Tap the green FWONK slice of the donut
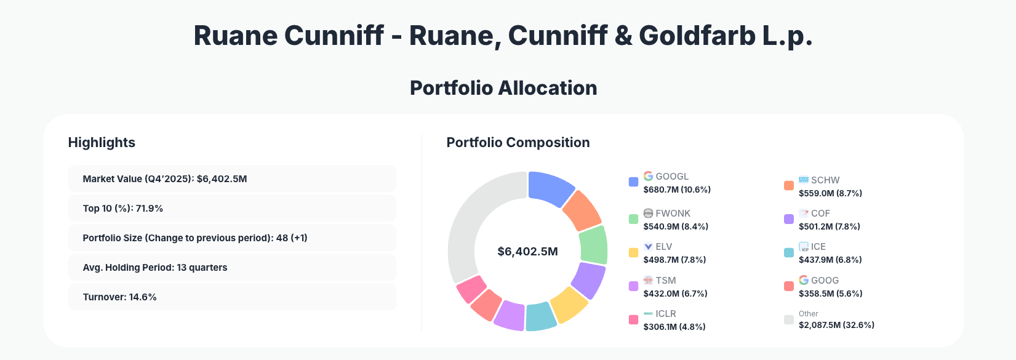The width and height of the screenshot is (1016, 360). click(x=593, y=245)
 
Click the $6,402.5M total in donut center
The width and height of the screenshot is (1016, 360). click(x=527, y=252)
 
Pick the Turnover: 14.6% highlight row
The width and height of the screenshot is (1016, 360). click(x=232, y=297)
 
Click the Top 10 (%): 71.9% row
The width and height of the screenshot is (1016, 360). click(x=232, y=209)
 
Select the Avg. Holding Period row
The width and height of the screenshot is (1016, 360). click(x=232, y=268)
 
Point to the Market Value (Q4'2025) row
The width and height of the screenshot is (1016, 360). click(x=232, y=179)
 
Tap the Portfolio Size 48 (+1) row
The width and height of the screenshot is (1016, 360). click(x=232, y=238)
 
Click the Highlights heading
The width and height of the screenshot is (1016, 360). click(x=102, y=143)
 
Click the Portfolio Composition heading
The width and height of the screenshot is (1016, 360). click(x=518, y=143)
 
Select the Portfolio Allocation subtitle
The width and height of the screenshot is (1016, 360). click(x=503, y=88)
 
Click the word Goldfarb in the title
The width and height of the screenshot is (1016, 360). click(x=697, y=36)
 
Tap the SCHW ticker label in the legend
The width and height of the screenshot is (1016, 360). click(x=825, y=180)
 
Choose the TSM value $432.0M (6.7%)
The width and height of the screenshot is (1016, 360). click(x=675, y=294)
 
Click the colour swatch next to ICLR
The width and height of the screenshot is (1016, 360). click(x=633, y=320)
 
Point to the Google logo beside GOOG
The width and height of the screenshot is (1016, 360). click(x=804, y=280)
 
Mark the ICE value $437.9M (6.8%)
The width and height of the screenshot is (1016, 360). click(x=830, y=260)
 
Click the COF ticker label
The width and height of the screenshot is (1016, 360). click(x=820, y=214)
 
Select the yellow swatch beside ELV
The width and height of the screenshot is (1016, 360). click(x=633, y=252)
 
